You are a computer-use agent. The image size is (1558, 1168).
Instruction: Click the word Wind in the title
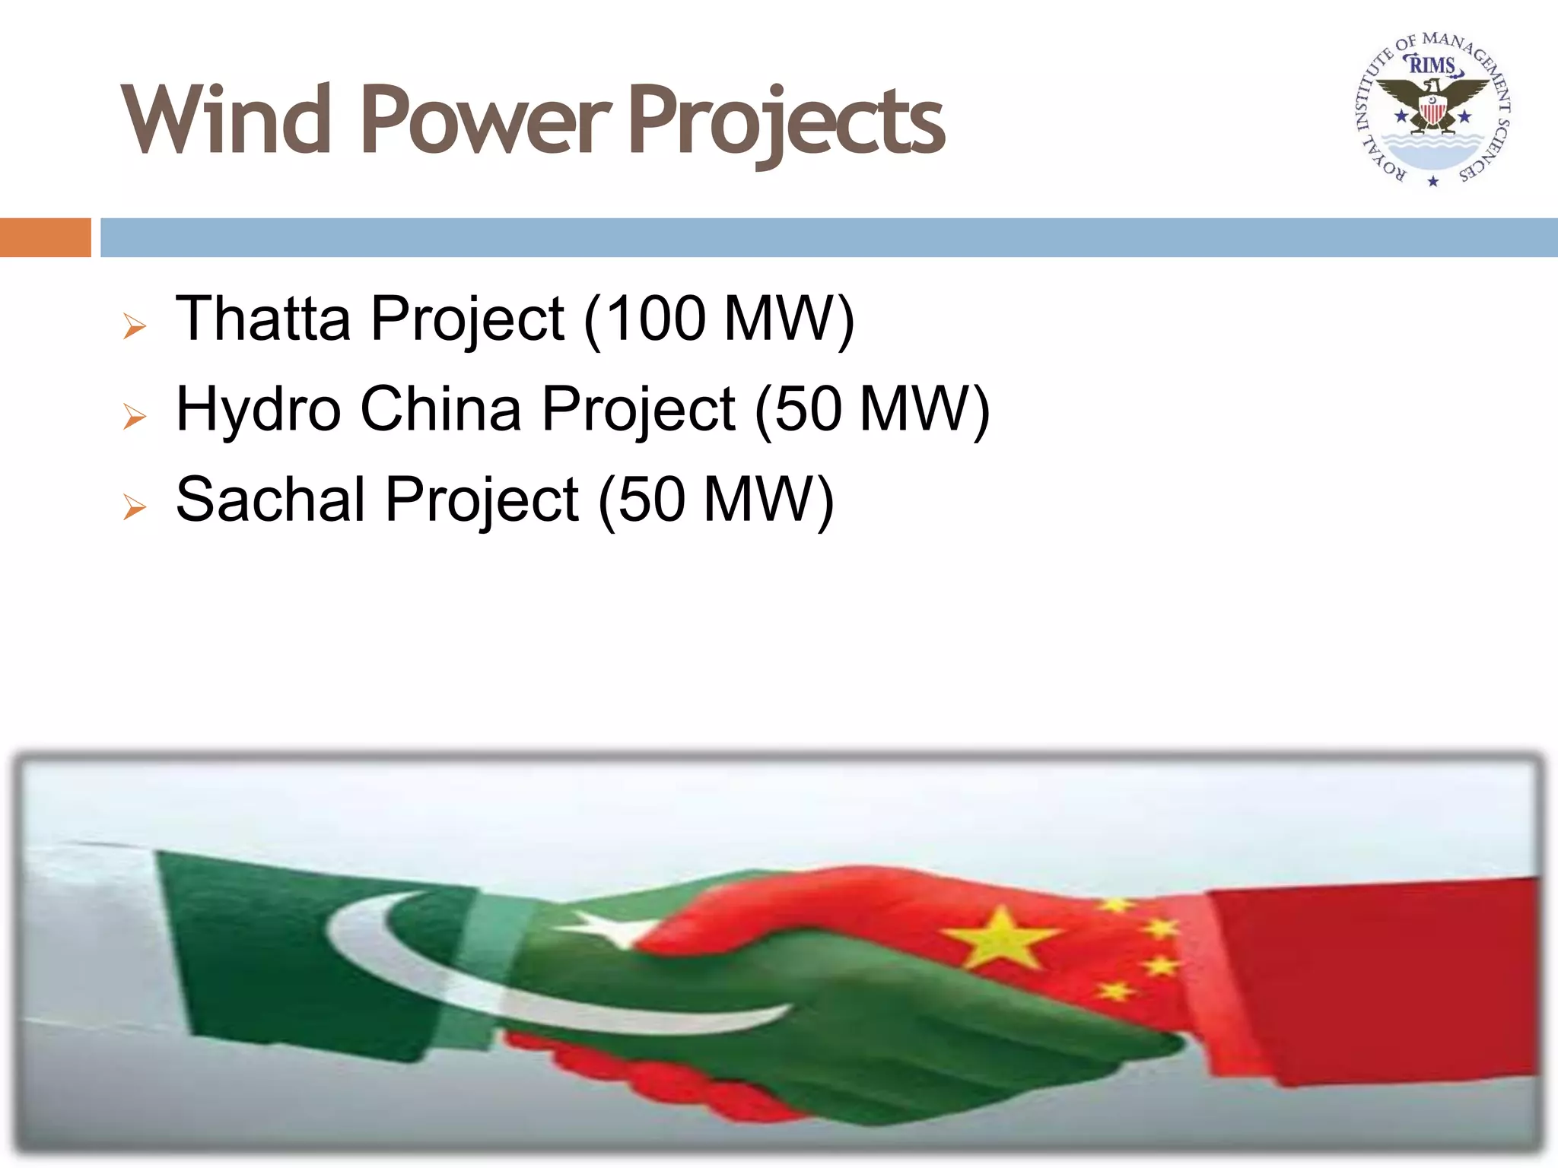226,120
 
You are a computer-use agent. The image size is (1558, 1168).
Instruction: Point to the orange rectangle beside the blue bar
45,237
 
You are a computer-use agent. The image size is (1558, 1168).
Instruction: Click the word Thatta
263,319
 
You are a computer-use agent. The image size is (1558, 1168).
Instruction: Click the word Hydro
258,409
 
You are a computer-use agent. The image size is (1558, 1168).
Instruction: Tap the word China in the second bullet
440,409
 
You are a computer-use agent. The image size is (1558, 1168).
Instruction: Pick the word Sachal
270,500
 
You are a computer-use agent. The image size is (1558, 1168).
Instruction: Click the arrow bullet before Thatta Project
135,327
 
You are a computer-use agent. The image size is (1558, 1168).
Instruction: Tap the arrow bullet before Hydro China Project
135,417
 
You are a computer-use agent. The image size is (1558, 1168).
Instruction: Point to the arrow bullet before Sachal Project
135,507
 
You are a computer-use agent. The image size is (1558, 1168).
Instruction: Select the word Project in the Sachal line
482,500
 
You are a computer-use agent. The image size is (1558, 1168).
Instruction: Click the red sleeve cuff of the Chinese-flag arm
1369,981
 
